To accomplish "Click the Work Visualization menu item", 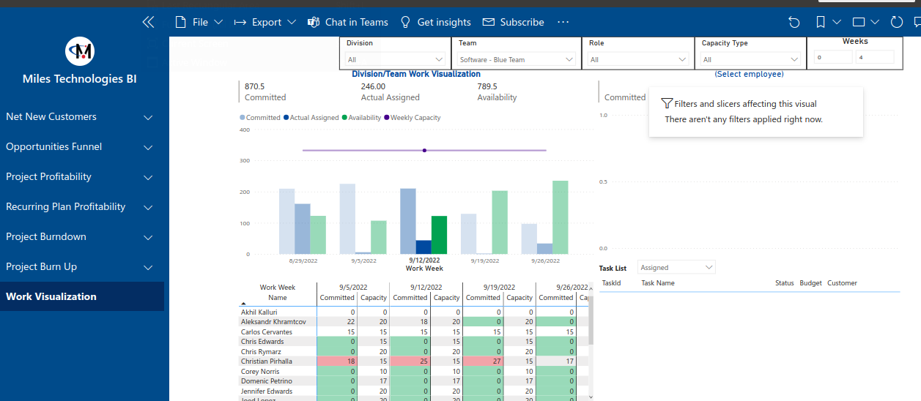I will pos(51,296).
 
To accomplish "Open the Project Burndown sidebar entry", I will pos(46,236).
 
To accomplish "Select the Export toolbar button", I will pos(265,22).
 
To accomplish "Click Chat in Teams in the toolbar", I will pos(348,22).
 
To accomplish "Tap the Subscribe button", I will pos(513,22).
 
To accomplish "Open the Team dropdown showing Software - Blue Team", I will pos(517,60).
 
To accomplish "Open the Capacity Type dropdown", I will pos(750,60).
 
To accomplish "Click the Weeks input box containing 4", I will pos(874,57).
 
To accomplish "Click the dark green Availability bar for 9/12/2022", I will pos(439,235).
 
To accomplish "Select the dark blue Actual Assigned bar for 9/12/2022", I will pos(423,247).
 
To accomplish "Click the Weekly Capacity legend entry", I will pos(415,118).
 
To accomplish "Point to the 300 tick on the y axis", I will pos(245,161).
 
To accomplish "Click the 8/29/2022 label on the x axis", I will pos(302,261).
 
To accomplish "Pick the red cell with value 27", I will pos(483,361).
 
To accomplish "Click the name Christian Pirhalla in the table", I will pos(266,361).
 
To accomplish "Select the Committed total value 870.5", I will pos(255,86).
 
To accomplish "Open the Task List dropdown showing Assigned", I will pos(676,268).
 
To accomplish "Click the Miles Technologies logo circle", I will pos(80,50).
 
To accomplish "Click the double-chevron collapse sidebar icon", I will pos(148,22).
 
